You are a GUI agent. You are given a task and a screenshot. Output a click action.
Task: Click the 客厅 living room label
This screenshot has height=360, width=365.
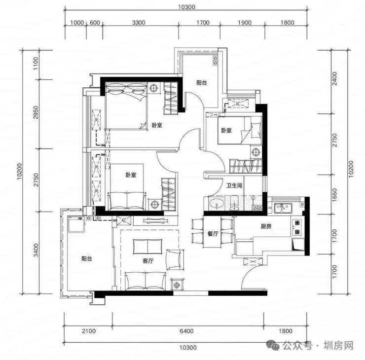click(148, 261)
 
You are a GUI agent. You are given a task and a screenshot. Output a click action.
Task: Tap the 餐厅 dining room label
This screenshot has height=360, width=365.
click(213, 234)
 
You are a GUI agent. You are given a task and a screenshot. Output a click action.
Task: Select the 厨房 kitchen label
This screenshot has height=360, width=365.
click(266, 226)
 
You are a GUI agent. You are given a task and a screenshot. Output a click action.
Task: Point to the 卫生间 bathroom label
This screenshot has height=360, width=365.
click(234, 185)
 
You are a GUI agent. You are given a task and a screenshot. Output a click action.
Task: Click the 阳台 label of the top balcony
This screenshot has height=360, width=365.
click(201, 83)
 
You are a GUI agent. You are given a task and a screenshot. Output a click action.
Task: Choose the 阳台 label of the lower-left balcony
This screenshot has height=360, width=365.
click(87, 258)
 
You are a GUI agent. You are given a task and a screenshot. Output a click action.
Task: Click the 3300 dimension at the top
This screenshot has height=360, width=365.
click(139, 23)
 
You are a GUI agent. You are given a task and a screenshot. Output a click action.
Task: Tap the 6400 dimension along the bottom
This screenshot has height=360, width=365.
click(186, 331)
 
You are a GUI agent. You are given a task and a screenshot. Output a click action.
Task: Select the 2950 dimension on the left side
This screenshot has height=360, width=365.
click(36, 112)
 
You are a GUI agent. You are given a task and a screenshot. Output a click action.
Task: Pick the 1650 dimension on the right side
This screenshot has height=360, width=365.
click(334, 195)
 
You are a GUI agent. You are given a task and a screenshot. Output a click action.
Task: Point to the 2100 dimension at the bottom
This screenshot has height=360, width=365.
click(89, 331)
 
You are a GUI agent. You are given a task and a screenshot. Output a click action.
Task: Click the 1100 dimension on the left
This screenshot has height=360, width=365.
click(36, 63)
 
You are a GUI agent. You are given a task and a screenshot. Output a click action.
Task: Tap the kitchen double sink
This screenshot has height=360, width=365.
click(282, 208)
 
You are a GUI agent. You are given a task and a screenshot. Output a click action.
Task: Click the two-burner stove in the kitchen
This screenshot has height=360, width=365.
click(297, 227)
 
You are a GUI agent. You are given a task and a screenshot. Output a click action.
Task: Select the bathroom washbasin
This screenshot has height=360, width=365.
click(217, 204)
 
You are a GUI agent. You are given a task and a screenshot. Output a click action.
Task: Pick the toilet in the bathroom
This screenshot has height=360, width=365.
click(234, 203)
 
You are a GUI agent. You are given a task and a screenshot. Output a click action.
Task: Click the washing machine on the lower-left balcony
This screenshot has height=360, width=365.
click(76, 224)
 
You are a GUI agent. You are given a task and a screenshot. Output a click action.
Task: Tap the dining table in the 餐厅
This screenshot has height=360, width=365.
click(212, 232)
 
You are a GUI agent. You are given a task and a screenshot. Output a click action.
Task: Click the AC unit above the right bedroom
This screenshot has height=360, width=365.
click(238, 104)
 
